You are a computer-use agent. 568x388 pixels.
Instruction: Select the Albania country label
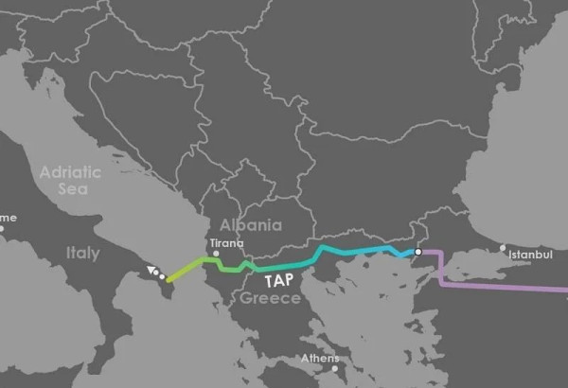click(250, 224)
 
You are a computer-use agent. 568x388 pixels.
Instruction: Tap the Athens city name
click(319, 359)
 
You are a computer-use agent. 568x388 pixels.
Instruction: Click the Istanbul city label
click(527, 255)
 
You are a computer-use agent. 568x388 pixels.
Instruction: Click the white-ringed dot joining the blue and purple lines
click(417, 253)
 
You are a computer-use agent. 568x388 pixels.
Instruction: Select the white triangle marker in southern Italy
click(151, 272)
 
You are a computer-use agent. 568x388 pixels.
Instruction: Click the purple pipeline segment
click(502, 284)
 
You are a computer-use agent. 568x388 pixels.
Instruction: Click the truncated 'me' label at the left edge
click(8, 218)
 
